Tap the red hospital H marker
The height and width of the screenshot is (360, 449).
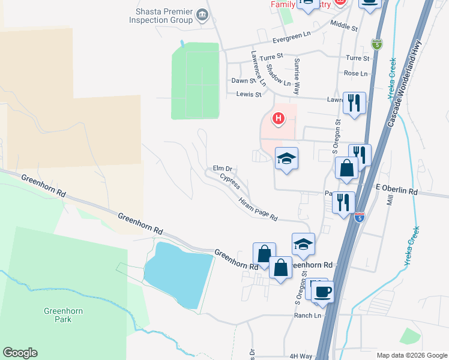click(x=278, y=119)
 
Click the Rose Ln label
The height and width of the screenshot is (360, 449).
click(x=355, y=73)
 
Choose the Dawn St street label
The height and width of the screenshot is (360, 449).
click(x=244, y=81)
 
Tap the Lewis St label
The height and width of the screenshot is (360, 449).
click(x=249, y=94)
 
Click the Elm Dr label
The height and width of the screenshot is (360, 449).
click(x=222, y=169)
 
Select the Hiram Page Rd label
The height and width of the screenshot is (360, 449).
click(x=258, y=209)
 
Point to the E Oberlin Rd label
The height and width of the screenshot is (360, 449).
click(x=396, y=190)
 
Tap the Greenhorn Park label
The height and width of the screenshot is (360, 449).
click(x=63, y=315)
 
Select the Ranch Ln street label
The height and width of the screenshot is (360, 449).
click(x=304, y=316)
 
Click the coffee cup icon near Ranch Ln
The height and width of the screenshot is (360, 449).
click(x=323, y=292)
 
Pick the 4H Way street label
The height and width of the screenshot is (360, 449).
click(x=301, y=356)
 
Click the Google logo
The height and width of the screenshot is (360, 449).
click(x=20, y=353)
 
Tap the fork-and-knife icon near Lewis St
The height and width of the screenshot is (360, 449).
click(x=354, y=103)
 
